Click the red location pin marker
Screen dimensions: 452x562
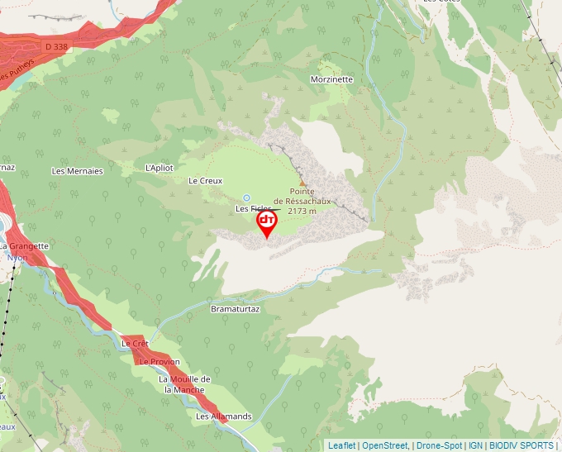pyautogui.click(x=267, y=222)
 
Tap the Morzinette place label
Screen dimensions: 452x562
pyautogui.click(x=331, y=79)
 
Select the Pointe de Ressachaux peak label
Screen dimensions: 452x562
pyautogui.click(x=302, y=196)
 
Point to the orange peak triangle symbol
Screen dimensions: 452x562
pyautogui.click(x=302, y=183)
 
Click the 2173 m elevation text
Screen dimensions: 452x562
pyautogui.click(x=302, y=212)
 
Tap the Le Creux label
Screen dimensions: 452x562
pyautogui.click(x=206, y=180)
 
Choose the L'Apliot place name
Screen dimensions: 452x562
pyautogui.click(x=160, y=168)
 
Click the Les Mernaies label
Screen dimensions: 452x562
pyautogui.click(x=77, y=171)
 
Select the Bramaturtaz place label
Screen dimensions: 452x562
pyautogui.click(x=236, y=309)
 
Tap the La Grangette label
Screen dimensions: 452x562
pyautogui.click(x=25, y=246)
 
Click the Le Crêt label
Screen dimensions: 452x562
pyautogui.click(x=135, y=343)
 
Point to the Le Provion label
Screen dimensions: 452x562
pyautogui.click(x=160, y=362)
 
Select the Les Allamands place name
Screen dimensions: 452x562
pyautogui.click(x=223, y=416)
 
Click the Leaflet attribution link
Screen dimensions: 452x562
pyautogui.click(x=342, y=445)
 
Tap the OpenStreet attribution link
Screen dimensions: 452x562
pyautogui.click(x=385, y=445)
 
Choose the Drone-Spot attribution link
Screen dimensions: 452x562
pyautogui.click(x=439, y=445)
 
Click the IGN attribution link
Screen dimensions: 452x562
pyautogui.click(x=475, y=445)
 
